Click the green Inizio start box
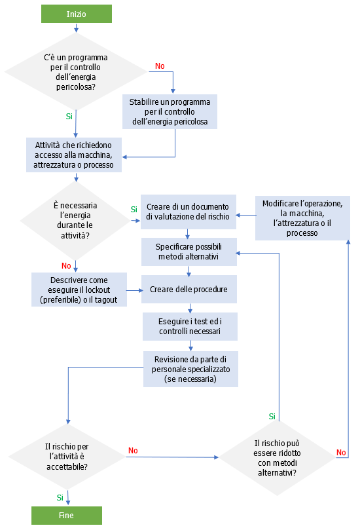(x=76, y=14)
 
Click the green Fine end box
(x=66, y=515)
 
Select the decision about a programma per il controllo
(x=75, y=71)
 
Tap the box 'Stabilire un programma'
(x=170, y=111)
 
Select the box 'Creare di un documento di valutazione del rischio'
(x=189, y=212)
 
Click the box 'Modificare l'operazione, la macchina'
(x=302, y=218)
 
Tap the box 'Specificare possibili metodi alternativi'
(x=189, y=252)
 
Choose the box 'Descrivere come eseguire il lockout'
(x=79, y=289)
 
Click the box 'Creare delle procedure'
(x=189, y=289)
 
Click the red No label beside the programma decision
(x=160, y=66)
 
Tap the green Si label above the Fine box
(x=60, y=497)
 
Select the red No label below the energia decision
(x=66, y=265)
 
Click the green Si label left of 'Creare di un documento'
(x=134, y=209)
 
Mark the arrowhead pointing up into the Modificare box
(x=348, y=241)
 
